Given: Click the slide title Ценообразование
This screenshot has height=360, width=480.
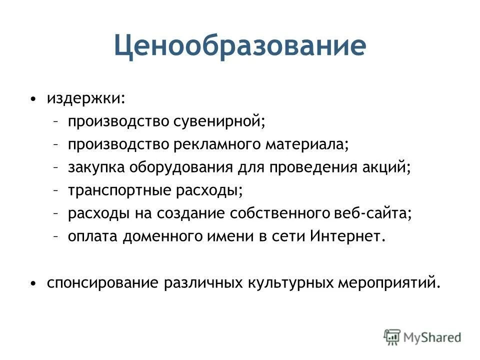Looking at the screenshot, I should pyautogui.click(x=239, y=45).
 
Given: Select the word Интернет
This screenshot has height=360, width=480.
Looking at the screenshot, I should pyautogui.click(x=348, y=236).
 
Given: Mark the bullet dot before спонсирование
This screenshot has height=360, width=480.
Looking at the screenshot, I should pyautogui.click(x=33, y=284).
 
